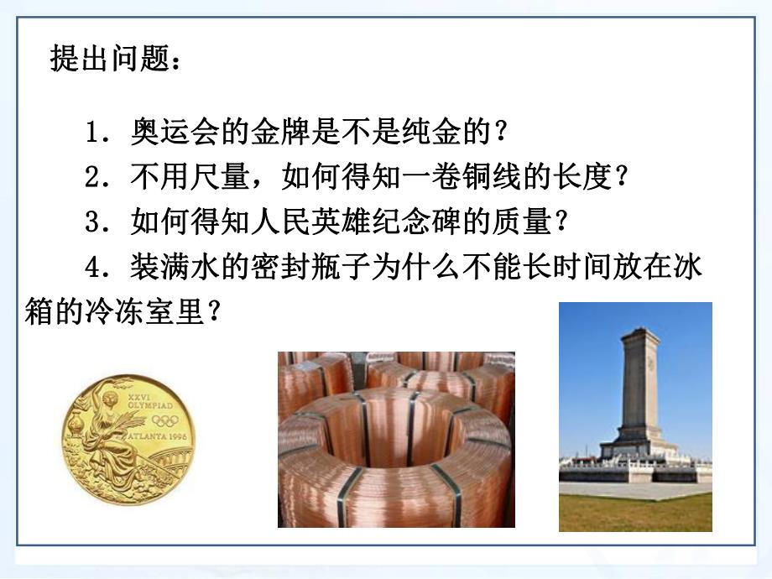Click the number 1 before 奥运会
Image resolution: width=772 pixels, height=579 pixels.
pyautogui.click(x=94, y=132)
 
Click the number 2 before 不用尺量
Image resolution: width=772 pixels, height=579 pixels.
pyautogui.click(x=94, y=177)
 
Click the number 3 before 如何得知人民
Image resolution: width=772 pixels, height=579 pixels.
pyautogui.click(x=94, y=222)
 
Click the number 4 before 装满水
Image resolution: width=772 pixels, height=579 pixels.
pyautogui.click(x=94, y=268)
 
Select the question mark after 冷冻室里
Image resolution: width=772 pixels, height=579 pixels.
pyautogui.click(x=214, y=313)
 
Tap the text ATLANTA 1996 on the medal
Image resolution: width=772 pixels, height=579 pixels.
pyautogui.click(x=160, y=436)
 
